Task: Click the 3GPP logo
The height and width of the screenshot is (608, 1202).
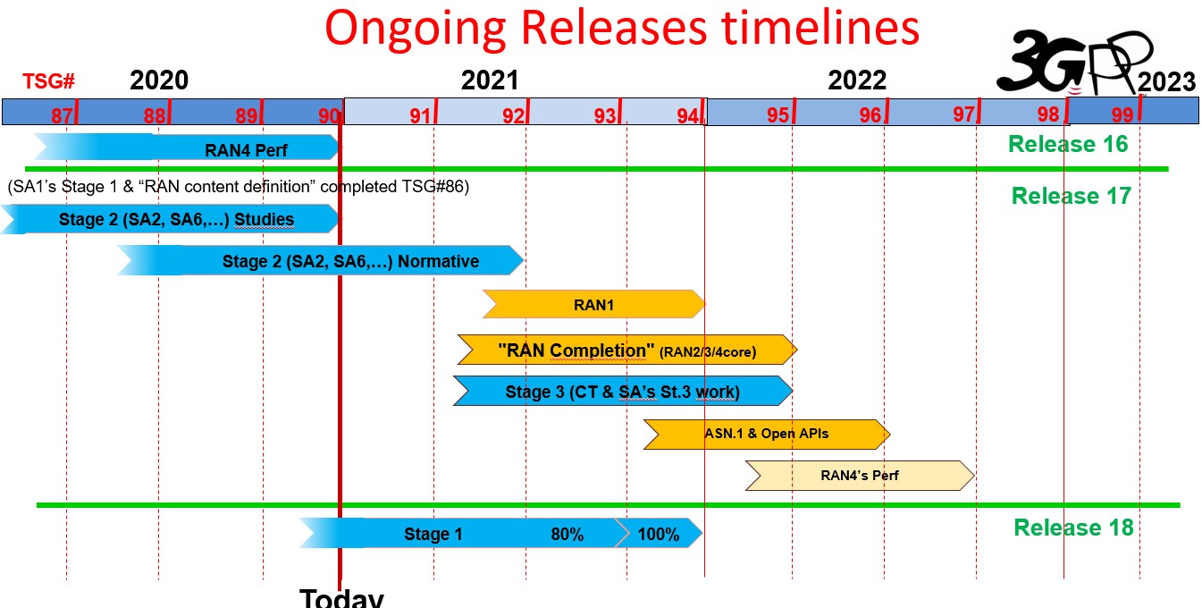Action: tap(1073, 62)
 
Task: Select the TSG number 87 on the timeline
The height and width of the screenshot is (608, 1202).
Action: tap(62, 115)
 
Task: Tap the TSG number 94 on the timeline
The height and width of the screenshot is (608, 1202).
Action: tap(688, 115)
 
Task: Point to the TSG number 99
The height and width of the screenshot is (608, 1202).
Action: tap(1122, 114)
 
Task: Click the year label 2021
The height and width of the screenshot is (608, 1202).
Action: tap(490, 80)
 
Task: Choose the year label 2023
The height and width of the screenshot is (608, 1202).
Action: tap(1166, 82)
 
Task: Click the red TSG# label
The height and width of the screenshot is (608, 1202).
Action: tap(48, 81)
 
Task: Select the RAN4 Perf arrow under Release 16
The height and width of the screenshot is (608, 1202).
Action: tap(187, 148)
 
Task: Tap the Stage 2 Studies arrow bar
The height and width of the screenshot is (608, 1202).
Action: tap(170, 219)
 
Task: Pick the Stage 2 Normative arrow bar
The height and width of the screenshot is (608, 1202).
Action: tap(320, 260)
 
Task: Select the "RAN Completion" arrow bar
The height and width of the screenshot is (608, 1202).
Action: tap(627, 350)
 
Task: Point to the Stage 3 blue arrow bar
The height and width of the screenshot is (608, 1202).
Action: tap(623, 391)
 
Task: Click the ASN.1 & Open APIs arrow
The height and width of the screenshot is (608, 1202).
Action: tap(767, 434)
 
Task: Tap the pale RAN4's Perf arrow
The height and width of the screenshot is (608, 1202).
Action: tap(860, 476)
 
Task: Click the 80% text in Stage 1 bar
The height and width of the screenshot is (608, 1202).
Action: tap(567, 535)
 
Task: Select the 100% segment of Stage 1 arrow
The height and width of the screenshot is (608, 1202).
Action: tap(659, 534)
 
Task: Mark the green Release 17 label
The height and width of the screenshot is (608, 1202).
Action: tap(1071, 196)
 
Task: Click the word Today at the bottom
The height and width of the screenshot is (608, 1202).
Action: tap(341, 598)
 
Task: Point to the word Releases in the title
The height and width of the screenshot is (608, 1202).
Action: tap(615, 28)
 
